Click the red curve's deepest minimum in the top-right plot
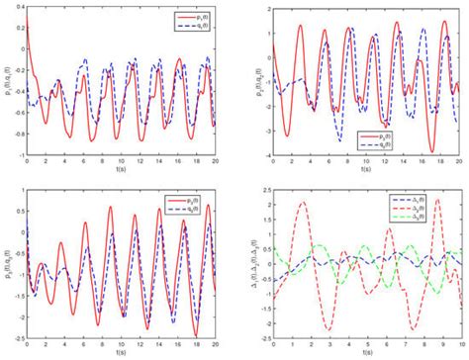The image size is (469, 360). coord(432,149)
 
